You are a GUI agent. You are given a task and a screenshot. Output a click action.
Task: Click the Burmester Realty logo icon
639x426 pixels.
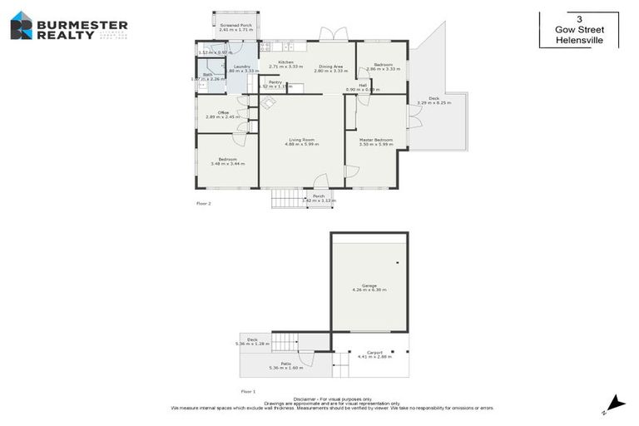click(x=22, y=26)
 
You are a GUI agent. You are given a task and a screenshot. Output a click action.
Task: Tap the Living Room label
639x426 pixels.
click(x=301, y=140)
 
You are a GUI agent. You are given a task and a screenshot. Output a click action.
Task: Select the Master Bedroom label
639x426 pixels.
click(x=375, y=140)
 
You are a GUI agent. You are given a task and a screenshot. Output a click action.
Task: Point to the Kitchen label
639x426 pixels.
click(x=285, y=62)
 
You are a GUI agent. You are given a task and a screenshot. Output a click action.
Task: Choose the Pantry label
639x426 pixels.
click(x=275, y=82)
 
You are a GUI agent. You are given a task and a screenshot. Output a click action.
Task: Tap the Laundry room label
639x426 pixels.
click(x=242, y=67)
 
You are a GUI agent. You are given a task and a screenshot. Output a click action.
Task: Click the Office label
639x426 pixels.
click(x=223, y=112)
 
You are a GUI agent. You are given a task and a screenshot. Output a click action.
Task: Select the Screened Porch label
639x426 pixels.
click(x=235, y=26)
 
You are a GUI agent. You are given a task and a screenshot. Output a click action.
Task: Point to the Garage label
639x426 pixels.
click(x=369, y=285)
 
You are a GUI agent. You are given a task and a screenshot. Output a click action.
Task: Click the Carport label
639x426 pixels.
click(x=374, y=352)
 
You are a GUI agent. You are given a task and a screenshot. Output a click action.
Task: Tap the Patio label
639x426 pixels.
click(x=285, y=363)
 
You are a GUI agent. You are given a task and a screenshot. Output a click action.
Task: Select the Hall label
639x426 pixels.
click(x=363, y=85)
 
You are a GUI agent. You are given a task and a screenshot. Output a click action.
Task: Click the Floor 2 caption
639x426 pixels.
click(x=204, y=203)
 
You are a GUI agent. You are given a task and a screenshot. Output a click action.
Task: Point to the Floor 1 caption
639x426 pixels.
click(x=248, y=390)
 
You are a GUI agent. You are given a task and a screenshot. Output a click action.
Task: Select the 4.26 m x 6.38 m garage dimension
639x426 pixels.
click(x=369, y=290)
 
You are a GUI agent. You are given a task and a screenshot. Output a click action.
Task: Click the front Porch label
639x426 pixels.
click(x=318, y=196)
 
